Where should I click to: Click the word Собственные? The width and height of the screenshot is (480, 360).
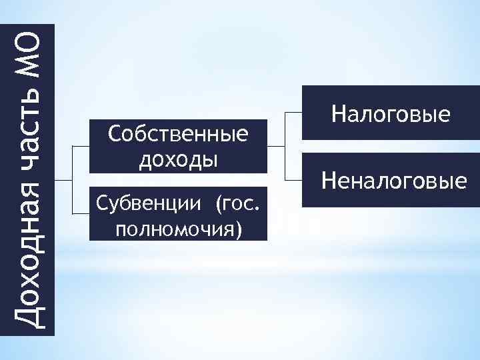pyautogui.click(x=177, y=135)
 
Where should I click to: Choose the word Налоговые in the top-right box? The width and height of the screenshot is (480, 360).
pyautogui.click(x=391, y=114)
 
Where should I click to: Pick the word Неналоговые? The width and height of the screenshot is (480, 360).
pyautogui.click(x=393, y=180)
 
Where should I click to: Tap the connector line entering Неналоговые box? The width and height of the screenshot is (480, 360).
pyautogui.click(x=293, y=180)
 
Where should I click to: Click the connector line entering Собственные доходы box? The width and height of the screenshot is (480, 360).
pyautogui.click(x=80, y=147)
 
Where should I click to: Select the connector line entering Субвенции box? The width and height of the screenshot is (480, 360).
pyautogui.click(x=80, y=213)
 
